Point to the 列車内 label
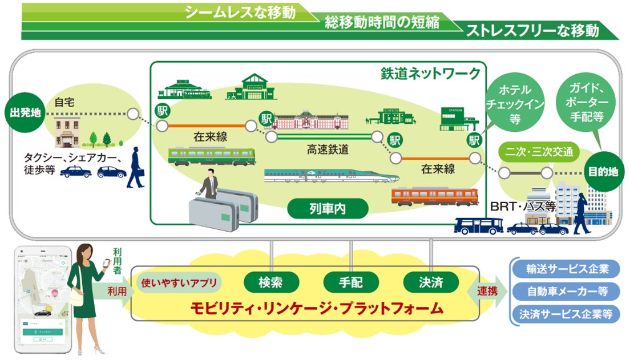tap(324, 209)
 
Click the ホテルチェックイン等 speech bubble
tap(515, 103)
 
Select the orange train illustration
tap(434, 196)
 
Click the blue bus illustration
tap(478, 226)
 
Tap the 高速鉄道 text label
tap(328, 150)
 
